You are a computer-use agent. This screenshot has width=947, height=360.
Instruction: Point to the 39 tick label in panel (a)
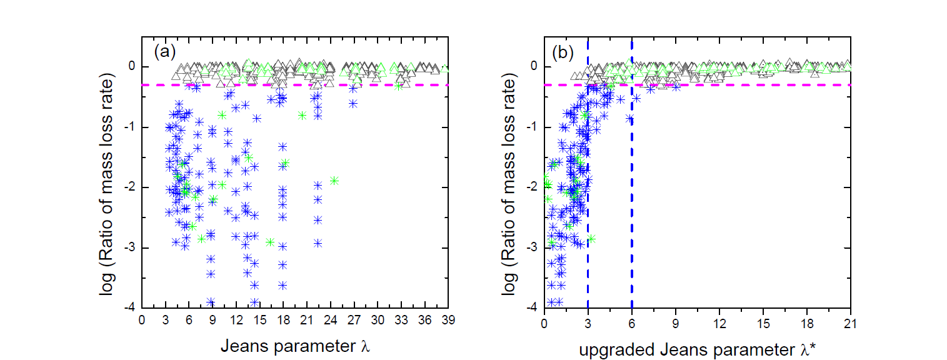[x=448, y=320]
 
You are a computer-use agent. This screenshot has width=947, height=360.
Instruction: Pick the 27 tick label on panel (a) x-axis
[x=354, y=320]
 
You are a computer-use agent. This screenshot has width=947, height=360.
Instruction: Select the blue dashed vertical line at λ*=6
[x=631, y=250]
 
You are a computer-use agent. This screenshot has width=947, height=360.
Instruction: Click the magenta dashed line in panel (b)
[x=750, y=84]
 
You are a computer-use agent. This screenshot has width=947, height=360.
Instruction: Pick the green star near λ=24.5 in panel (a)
[x=334, y=181]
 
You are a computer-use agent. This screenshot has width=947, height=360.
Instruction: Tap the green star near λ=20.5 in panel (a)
[x=303, y=115]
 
